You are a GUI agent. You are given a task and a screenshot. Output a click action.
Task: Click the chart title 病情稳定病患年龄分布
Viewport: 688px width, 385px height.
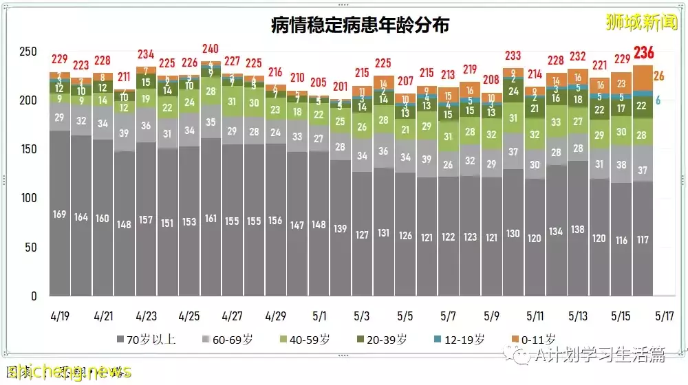point(360,25)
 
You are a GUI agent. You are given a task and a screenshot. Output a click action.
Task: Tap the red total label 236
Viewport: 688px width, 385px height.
point(644,53)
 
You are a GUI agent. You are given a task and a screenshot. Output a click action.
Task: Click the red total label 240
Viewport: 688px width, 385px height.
point(211,49)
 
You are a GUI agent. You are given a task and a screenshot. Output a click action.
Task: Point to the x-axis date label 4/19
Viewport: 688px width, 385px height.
point(60,316)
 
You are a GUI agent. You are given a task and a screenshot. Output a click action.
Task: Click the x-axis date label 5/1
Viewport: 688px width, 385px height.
point(319,316)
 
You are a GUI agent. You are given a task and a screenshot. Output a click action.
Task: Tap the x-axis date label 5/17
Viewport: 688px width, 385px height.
point(665,316)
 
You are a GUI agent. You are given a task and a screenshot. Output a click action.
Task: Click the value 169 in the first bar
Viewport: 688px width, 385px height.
point(60,214)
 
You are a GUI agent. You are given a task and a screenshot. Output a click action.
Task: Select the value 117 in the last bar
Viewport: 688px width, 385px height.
point(643,240)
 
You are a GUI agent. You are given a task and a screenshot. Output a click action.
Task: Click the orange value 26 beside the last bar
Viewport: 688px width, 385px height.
point(658,76)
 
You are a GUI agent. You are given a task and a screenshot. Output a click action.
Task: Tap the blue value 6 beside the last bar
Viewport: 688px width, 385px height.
point(658,100)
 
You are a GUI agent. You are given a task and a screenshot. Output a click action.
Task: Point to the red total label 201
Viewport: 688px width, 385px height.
point(341,86)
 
